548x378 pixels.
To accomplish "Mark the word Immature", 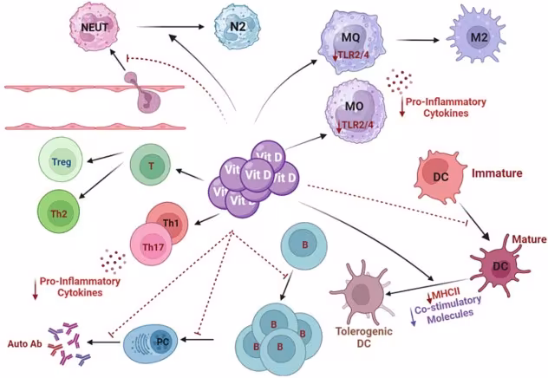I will (x=496, y=173).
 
